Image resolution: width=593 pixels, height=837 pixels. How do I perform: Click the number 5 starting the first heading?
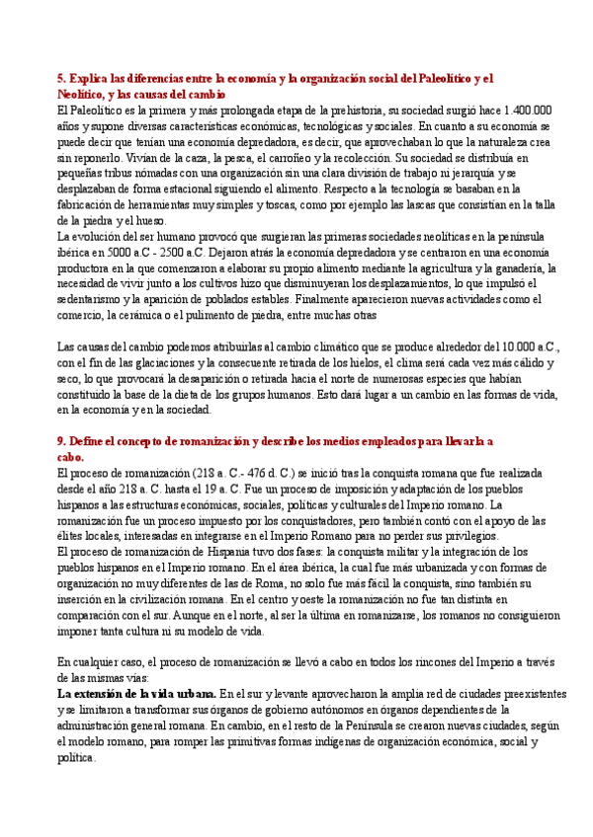pos(60,79)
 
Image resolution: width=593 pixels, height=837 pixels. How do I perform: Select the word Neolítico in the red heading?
pos(81,94)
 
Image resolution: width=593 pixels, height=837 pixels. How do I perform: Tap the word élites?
pos(74,536)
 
